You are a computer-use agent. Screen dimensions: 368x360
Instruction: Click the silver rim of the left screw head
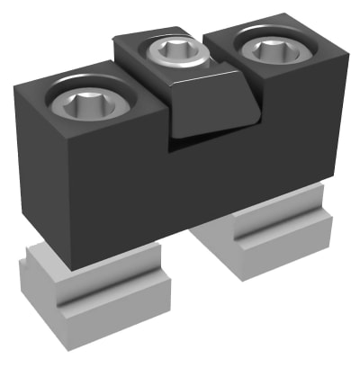tap(59, 107)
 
